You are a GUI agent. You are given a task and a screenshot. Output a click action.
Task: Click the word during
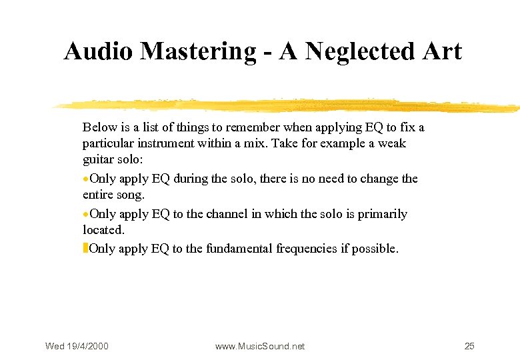point(191,179)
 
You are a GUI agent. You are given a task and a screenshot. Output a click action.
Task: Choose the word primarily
point(382,214)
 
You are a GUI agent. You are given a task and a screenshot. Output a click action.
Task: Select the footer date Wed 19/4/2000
point(77,346)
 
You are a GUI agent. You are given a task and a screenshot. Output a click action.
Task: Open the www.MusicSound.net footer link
point(260,346)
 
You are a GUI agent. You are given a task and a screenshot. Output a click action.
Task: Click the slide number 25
point(469,346)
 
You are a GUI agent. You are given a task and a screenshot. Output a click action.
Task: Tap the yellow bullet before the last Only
point(85,249)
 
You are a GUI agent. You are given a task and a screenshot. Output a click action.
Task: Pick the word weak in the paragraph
point(391,143)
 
